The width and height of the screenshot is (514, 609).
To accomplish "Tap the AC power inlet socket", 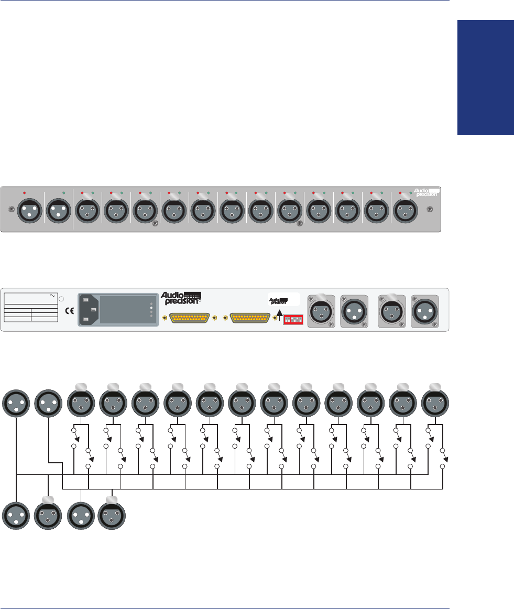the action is tap(90, 310).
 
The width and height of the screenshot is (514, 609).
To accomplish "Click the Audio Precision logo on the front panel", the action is tap(424, 192).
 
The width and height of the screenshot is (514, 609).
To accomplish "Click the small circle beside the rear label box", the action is tap(61, 299).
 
